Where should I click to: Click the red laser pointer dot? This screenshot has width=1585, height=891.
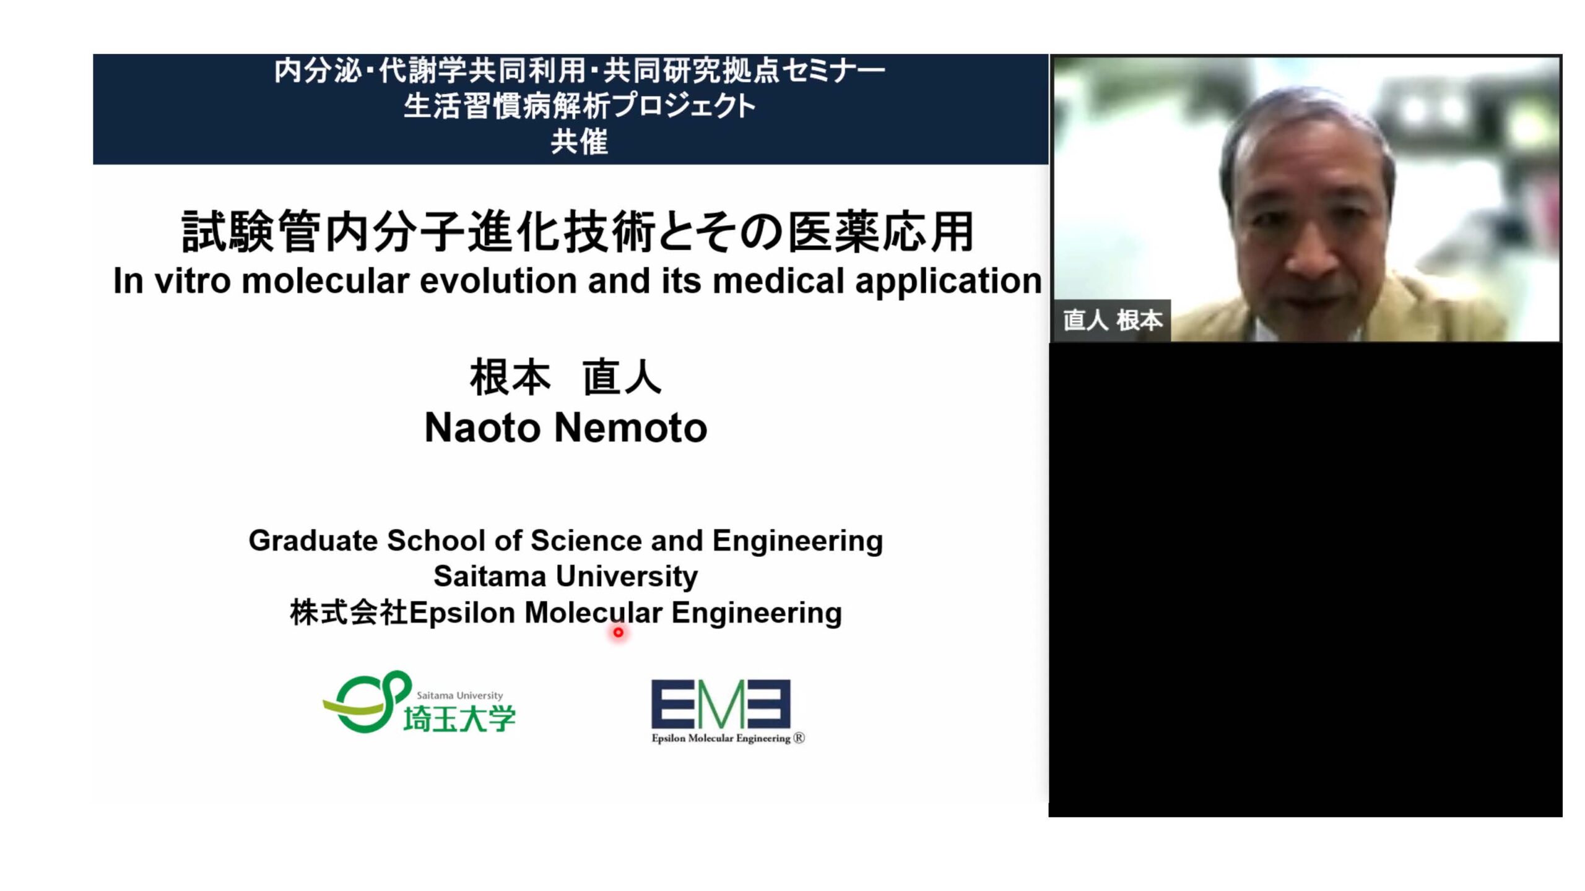(618, 632)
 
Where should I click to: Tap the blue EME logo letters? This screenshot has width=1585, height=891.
(721, 704)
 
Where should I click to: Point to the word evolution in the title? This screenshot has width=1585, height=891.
(499, 281)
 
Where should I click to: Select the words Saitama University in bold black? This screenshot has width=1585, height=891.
(565, 577)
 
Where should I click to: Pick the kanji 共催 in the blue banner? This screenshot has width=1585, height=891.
(580, 141)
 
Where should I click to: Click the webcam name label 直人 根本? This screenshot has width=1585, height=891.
(1113, 320)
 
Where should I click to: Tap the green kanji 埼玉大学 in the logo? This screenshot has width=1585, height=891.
(459, 719)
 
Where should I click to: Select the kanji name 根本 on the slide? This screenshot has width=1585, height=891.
(510, 378)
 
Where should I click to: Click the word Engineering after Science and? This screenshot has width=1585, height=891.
(797, 541)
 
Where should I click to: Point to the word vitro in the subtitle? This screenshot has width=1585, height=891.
(192, 281)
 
